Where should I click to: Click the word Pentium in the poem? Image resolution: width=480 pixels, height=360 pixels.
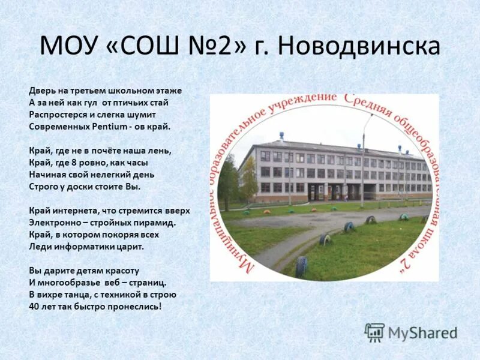(110, 127)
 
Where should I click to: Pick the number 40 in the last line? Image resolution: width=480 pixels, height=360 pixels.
(34, 306)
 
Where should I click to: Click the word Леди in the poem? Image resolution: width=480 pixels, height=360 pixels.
(39, 247)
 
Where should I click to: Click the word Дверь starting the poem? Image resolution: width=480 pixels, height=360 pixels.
(41, 91)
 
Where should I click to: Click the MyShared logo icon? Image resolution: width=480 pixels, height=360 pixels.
(374, 332)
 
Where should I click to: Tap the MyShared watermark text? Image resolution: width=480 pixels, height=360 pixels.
(422, 333)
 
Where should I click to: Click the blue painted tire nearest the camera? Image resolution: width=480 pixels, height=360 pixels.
(301, 266)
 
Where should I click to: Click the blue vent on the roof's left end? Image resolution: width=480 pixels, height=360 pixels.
(281, 137)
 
